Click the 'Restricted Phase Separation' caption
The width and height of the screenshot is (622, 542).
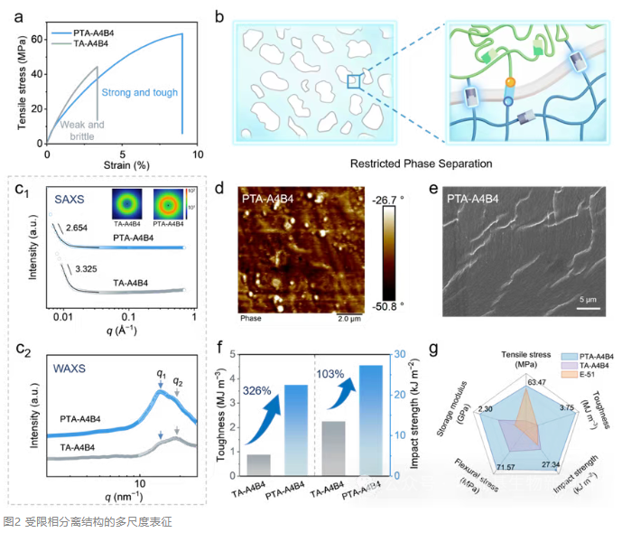pyautogui.click(x=423, y=164)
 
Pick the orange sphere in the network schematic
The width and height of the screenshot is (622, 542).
pyautogui.click(x=509, y=82)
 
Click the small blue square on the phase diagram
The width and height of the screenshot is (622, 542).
pyautogui.click(x=353, y=82)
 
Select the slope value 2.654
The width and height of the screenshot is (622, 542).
pyautogui.click(x=78, y=227)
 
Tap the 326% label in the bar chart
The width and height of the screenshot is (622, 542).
pyautogui.click(x=255, y=390)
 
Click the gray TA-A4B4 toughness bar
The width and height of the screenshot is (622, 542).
pyautogui.click(x=258, y=464)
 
